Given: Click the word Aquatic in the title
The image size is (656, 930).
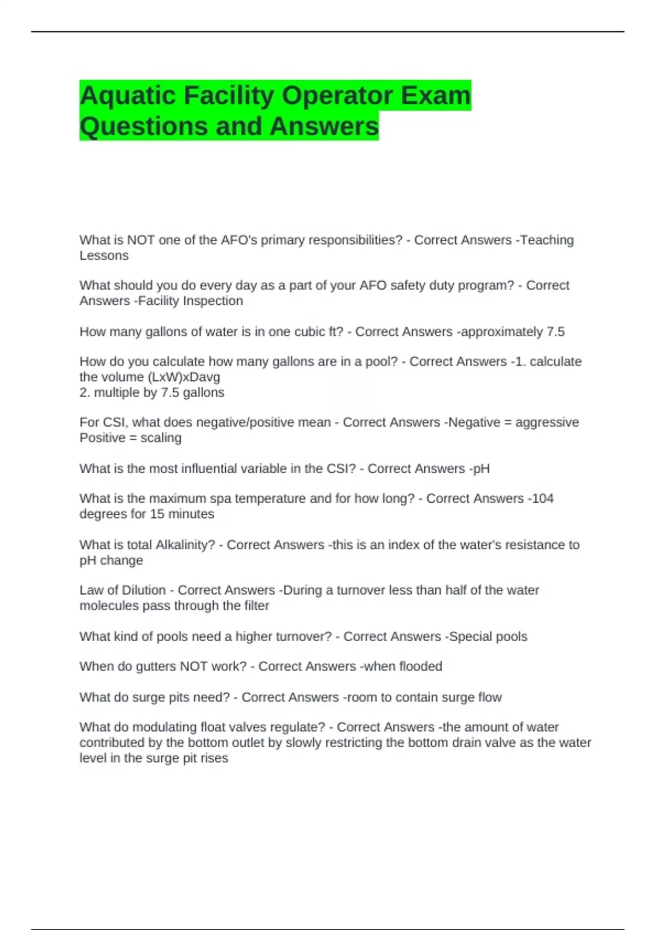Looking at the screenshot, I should click(x=128, y=96).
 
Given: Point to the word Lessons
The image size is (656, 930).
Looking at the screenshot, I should click(x=104, y=255).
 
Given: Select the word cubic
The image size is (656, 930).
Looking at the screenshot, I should click(x=311, y=332).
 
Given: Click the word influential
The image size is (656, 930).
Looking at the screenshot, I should click(x=216, y=469).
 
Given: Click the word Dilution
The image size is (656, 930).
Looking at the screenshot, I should click(x=144, y=590).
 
